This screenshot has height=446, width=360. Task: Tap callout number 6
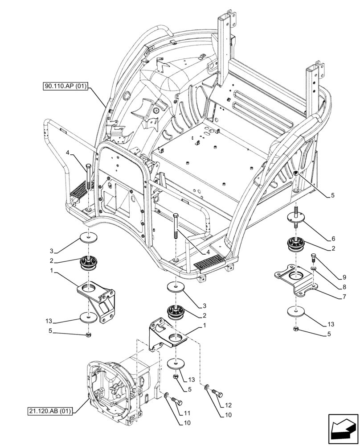tap(332, 239)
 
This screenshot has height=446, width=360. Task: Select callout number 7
tap(332, 296)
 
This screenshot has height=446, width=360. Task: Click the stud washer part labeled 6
tap(295, 217)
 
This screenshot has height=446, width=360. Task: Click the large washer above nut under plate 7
tap(295, 311)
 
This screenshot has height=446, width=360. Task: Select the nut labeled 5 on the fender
tap(297, 173)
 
